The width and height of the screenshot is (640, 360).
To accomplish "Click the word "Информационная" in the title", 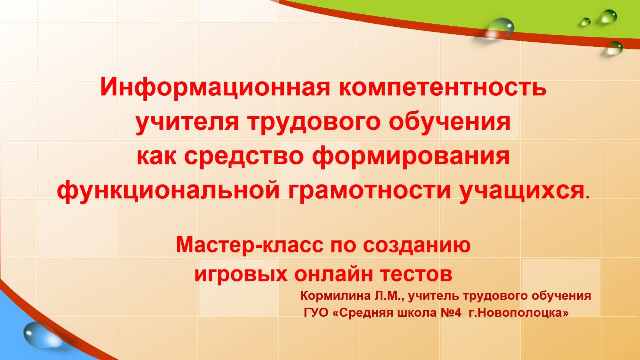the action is [215, 88].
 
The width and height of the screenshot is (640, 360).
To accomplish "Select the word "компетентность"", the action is [442, 88].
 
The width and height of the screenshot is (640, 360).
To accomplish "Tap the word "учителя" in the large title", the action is [187, 123].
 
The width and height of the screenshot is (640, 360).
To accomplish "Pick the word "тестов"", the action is [415, 274].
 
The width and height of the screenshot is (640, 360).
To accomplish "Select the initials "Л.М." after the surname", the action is [388, 296].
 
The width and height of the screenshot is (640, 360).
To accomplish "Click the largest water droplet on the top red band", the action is [499, 27].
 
